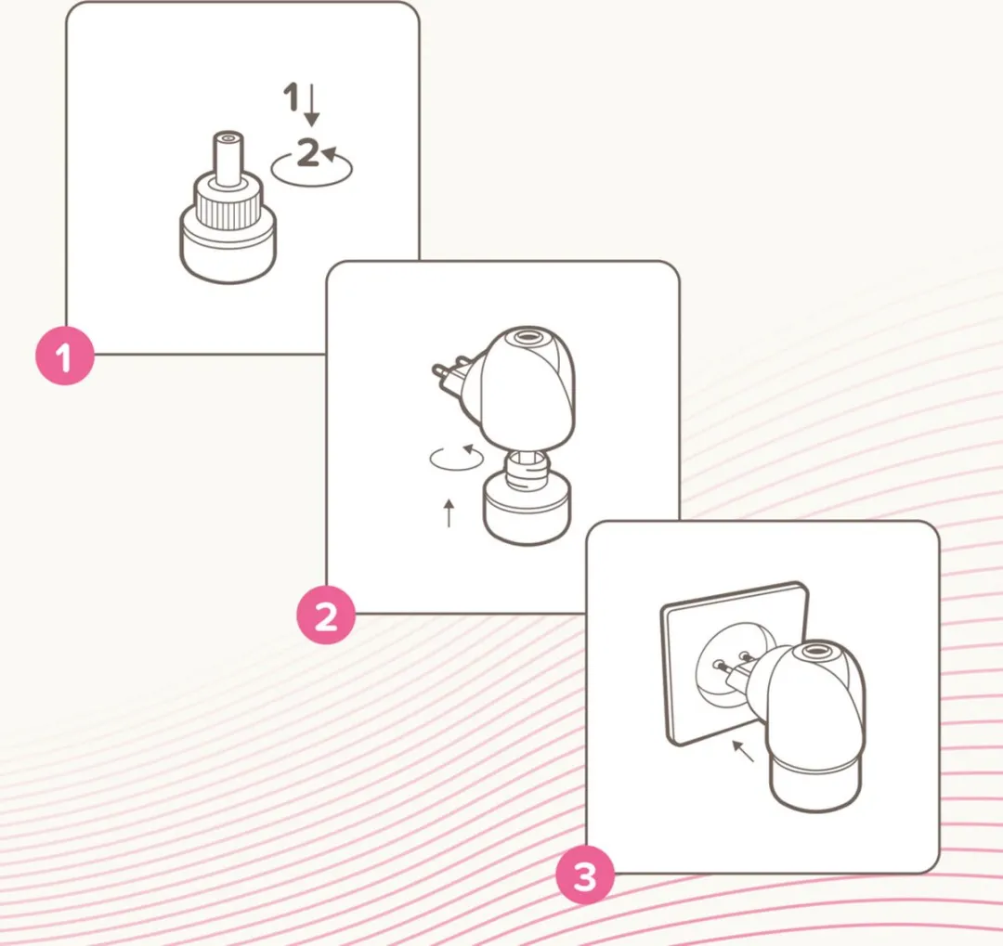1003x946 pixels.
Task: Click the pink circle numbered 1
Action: tap(65, 356)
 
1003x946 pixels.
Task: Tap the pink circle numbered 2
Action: tap(326, 616)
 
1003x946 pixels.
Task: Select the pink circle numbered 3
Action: tap(585, 875)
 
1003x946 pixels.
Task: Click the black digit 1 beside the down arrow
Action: tap(291, 97)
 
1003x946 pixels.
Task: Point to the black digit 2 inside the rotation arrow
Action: tap(308, 153)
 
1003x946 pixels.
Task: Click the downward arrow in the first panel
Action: tap(311, 105)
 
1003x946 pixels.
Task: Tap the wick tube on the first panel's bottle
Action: tap(228, 159)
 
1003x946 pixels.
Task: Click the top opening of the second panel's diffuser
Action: tap(528, 335)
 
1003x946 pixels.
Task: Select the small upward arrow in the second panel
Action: tap(449, 513)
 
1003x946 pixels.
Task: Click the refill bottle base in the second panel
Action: tap(525, 512)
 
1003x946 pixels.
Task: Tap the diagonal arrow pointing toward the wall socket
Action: tap(743, 751)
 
